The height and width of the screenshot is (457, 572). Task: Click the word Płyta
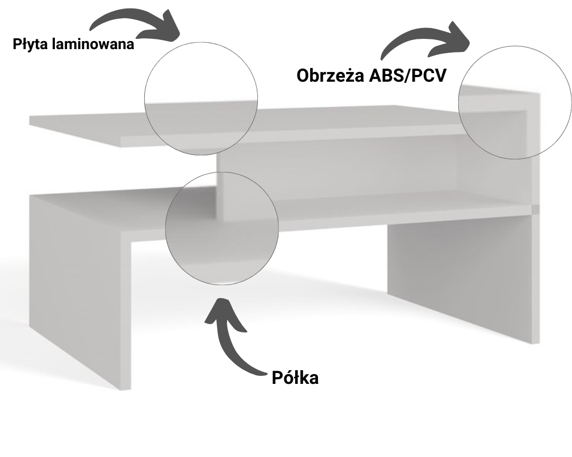pyautogui.click(x=31, y=44)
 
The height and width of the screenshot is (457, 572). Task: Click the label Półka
pyautogui.click(x=295, y=378)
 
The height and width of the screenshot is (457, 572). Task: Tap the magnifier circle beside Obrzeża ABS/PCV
pyautogui.click(x=515, y=102)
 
